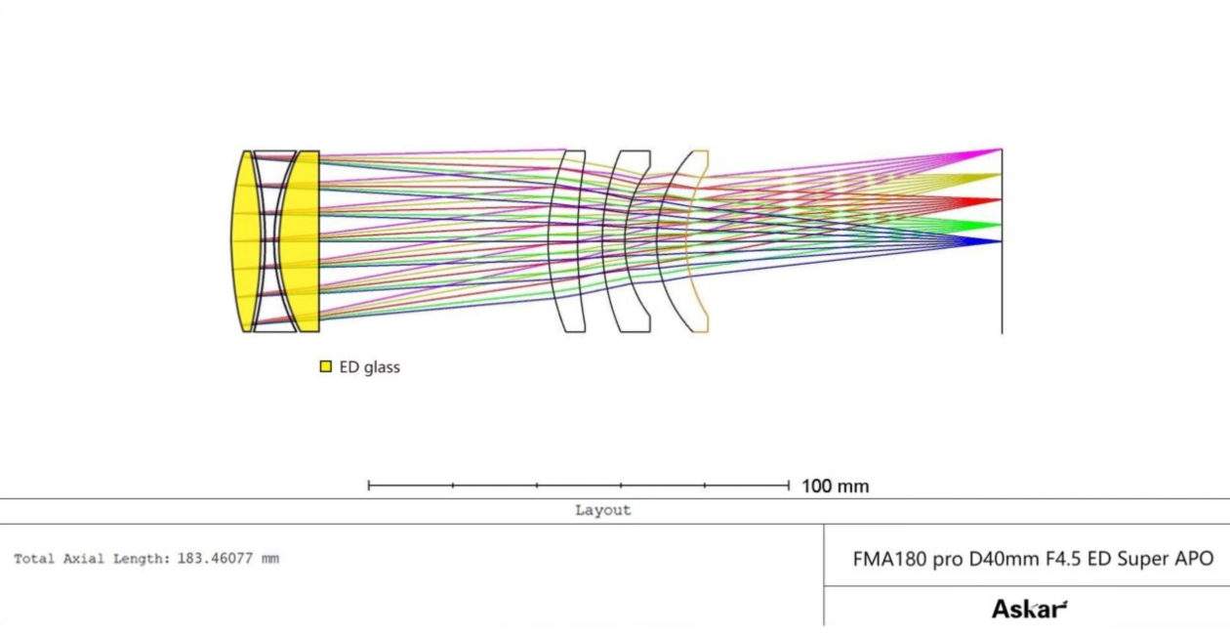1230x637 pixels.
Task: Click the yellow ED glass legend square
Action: click(326, 367)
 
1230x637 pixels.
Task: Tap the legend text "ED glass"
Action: click(369, 367)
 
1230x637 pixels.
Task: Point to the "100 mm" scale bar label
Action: click(835, 486)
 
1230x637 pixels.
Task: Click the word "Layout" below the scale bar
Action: click(602, 510)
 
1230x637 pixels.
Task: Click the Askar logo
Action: click(1029, 610)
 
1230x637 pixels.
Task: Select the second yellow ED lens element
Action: click(301, 241)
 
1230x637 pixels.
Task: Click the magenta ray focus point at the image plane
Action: click(999, 149)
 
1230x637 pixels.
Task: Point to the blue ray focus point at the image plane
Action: click(999, 240)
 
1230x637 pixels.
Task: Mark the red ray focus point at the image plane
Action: click(999, 200)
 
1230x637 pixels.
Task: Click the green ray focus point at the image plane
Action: click(999, 225)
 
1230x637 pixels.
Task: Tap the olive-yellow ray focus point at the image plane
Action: click(999, 176)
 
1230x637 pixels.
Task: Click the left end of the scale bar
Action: click(369, 485)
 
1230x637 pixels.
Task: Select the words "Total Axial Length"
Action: click(91, 559)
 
